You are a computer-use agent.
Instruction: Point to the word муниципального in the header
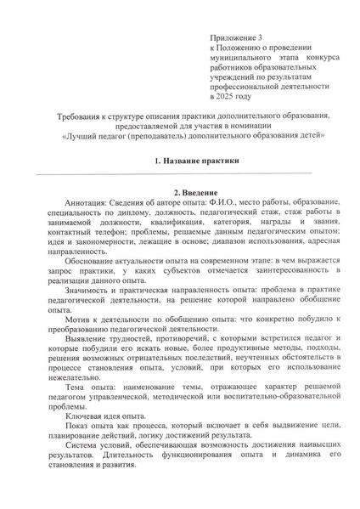coord(243,62)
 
